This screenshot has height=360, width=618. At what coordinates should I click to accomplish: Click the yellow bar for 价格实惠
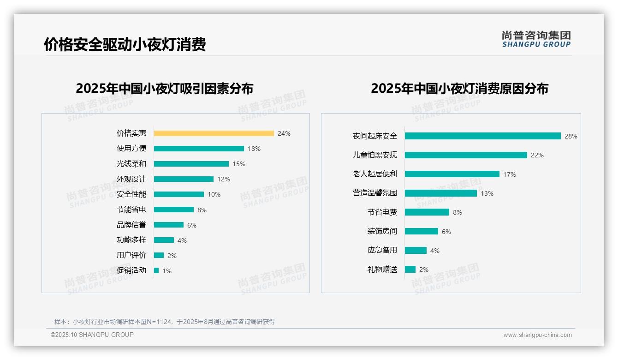point(214,133)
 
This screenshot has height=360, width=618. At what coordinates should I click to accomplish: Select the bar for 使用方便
point(199,149)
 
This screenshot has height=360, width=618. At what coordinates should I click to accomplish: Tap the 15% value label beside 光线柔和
point(238,164)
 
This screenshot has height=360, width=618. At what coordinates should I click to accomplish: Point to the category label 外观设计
point(131,179)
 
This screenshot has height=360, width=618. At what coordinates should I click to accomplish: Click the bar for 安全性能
point(178,194)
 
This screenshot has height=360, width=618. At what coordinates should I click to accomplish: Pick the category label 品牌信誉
point(131,225)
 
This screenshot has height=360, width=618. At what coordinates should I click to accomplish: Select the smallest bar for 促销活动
point(156,270)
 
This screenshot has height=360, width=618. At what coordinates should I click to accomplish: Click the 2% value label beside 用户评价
point(172,256)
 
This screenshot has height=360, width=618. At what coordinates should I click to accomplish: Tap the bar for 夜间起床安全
point(482,136)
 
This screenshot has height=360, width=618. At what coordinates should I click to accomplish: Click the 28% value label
point(570,136)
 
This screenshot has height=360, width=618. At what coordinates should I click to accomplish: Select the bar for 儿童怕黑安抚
point(466,155)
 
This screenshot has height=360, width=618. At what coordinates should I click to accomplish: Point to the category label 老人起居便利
point(374,174)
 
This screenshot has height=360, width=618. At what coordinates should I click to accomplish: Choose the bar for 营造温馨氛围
point(440,193)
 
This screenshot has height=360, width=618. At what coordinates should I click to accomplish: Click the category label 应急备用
point(382,250)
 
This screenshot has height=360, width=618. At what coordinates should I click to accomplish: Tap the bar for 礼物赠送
point(410,270)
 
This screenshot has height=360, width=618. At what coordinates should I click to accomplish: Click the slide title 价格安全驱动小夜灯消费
point(125,44)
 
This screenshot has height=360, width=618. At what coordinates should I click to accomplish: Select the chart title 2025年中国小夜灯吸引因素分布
point(164,89)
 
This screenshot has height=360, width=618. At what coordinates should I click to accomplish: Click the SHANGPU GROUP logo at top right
point(536,39)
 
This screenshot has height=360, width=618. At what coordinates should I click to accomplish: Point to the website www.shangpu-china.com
point(537,335)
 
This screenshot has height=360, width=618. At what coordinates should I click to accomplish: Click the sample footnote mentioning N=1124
point(165,322)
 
